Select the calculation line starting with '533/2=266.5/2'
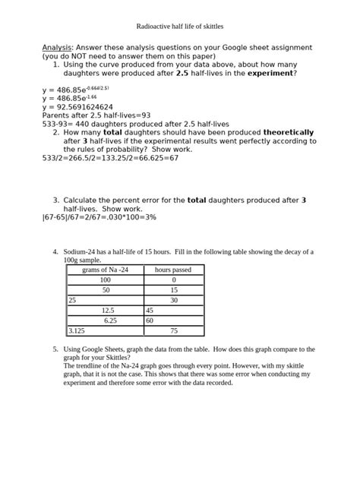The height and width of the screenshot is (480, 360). (x=110, y=158)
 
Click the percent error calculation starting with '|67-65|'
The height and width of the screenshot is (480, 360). (x=99, y=217)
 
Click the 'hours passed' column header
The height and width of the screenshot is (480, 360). (x=173, y=270)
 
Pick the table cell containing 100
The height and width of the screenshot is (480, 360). (x=105, y=279)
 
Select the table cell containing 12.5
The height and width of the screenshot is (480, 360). (x=106, y=311)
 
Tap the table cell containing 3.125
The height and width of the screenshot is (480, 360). (x=77, y=331)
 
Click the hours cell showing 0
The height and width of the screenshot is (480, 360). (x=173, y=279)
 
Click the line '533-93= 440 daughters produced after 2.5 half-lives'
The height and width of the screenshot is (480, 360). (x=125, y=124)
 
